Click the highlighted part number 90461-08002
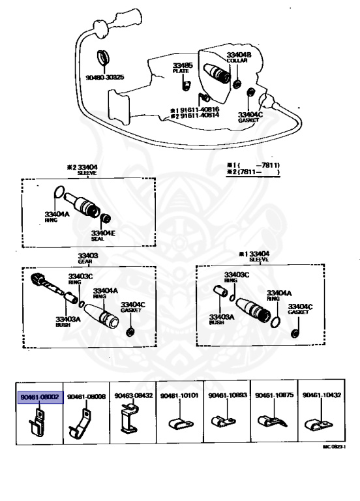click(40, 396)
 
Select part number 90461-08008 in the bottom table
click(86, 396)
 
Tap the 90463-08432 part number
click(134, 396)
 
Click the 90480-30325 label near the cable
click(104, 77)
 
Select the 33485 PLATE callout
click(183, 68)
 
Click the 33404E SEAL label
click(103, 235)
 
